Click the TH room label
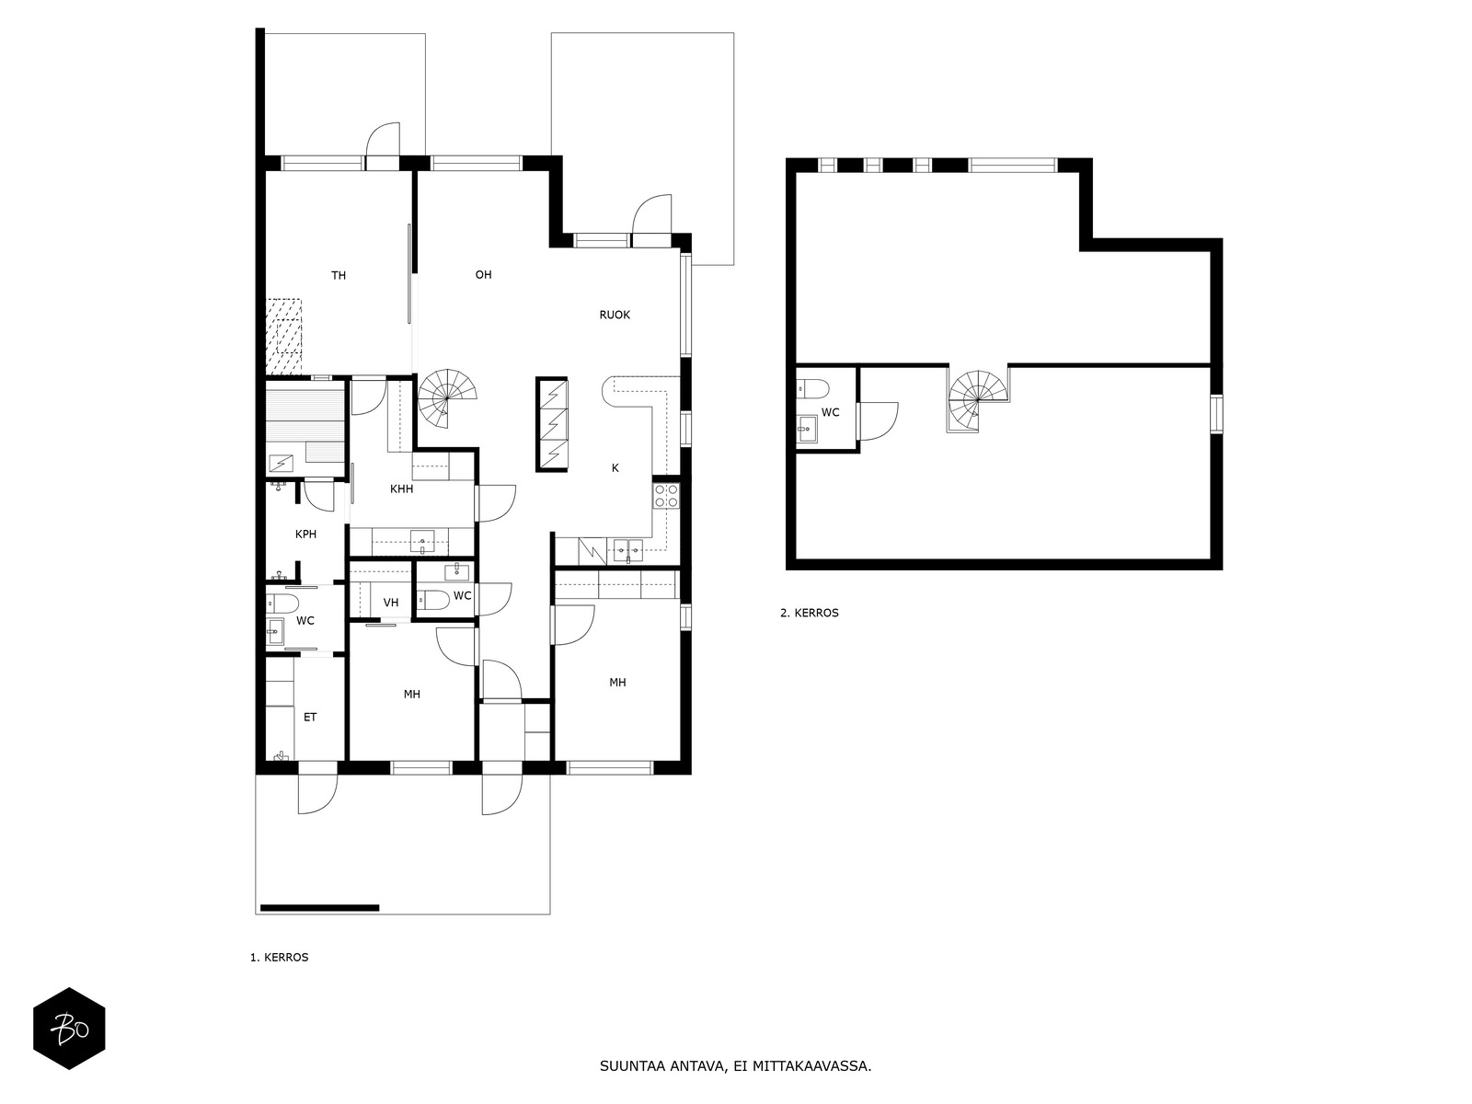(x=339, y=275)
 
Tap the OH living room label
(x=484, y=275)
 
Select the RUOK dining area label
(x=615, y=315)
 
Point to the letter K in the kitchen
(x=615, y=468)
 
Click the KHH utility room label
(x=402, y=489)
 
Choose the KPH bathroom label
(x=305, y=535)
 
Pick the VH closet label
(x=391, y=603)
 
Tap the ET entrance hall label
(x=310, y=718)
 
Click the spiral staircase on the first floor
(x=447, y=399)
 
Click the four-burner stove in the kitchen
(x=666, y=496)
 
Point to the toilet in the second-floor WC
(x=812, y=388)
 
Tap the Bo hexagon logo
(x=69, y=1029)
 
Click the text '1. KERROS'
(x=280, y=957)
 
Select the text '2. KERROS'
(x=810, y=613)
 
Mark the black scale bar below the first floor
(x=320, y=908)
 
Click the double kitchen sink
(x=628, y=550)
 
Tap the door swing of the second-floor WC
(x=878, y=421)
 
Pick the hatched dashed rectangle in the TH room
(x=284, y=337)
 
